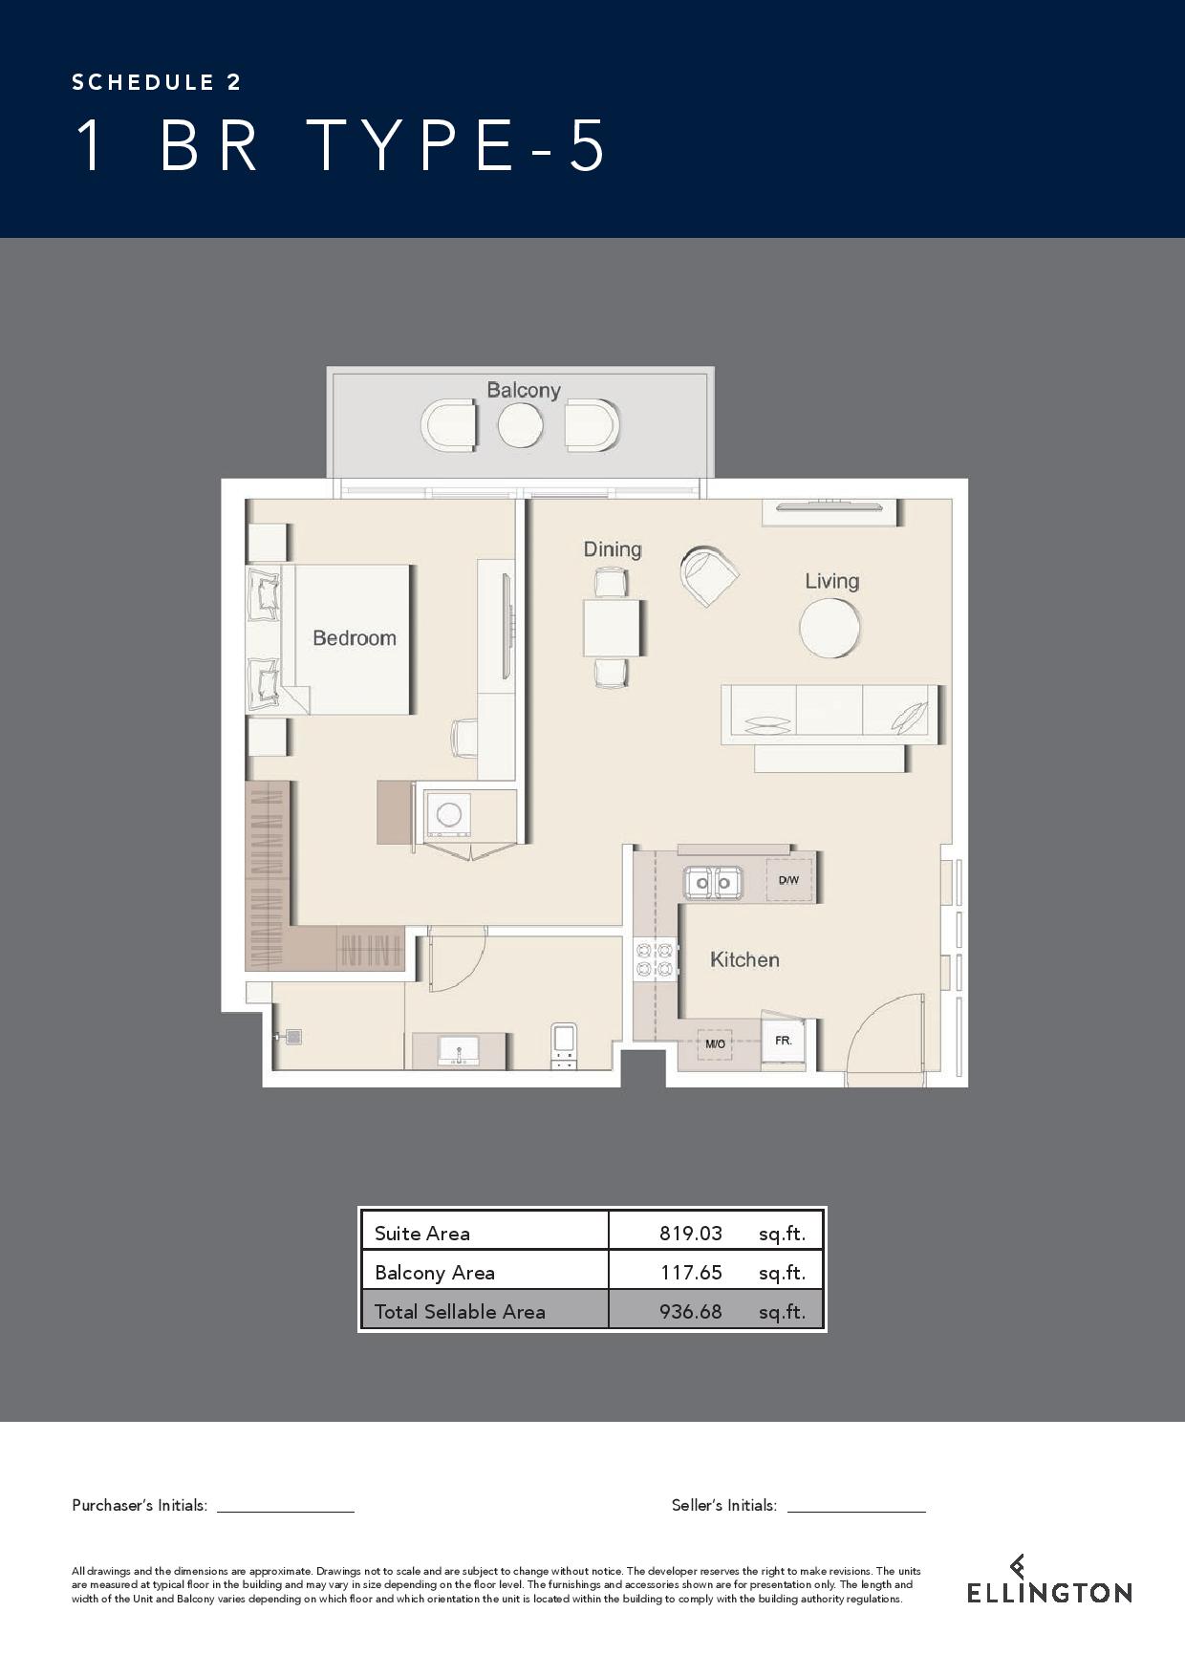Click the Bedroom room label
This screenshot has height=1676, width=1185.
355,638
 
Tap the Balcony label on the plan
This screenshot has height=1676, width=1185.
524,390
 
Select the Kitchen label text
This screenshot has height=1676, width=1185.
744,959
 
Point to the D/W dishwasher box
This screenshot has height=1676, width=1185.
788,880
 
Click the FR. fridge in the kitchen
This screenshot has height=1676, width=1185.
784,1041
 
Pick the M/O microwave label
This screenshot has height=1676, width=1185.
715,1044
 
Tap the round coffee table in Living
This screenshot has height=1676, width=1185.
829,627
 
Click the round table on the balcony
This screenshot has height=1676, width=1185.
520,425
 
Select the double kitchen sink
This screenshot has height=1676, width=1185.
713,881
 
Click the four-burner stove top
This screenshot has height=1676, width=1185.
655,959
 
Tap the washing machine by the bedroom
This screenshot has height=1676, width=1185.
448,814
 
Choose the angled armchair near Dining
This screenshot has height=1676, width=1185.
709,576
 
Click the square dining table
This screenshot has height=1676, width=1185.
612,627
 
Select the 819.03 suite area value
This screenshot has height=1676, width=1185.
691,1233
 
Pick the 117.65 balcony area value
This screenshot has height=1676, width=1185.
691,1272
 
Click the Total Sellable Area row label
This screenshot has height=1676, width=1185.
460,1311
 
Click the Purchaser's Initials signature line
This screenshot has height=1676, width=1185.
286,1512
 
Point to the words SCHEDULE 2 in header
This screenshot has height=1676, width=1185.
157,82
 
